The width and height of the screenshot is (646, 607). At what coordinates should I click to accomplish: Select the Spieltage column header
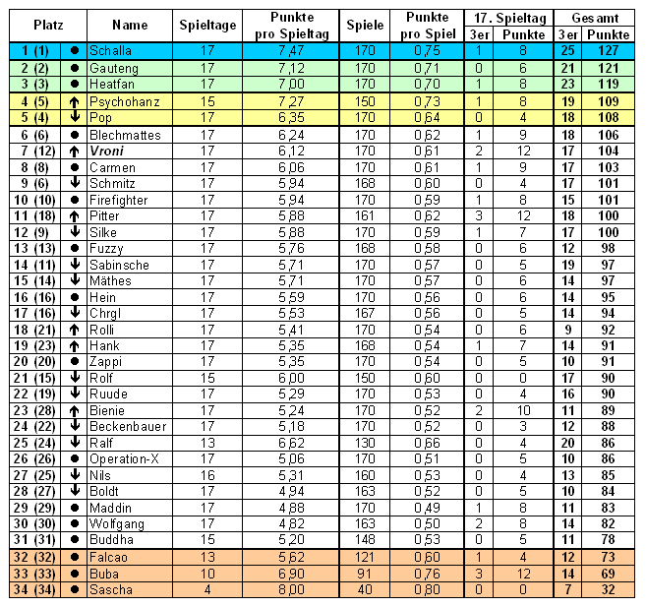click(x=207, y=25)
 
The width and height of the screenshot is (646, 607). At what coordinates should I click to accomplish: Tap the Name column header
click(x=130, y=25)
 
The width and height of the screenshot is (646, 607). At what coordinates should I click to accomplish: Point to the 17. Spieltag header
click(x=499, y=17)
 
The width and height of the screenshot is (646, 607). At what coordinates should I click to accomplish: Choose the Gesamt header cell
click(x=594, y=17)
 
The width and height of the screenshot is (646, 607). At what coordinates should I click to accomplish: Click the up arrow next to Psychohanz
click(x=75, y=101)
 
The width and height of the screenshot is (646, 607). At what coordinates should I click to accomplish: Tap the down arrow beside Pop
click(x=75, y=118)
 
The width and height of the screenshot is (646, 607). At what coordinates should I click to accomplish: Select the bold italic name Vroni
click(x=106, y=151)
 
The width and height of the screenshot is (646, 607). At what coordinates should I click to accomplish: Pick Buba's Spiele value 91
click(x=365, y=573)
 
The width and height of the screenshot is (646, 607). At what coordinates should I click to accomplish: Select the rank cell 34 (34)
click(x=32, y=589)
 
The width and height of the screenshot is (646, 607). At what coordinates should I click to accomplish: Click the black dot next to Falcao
click(x=75, y=557)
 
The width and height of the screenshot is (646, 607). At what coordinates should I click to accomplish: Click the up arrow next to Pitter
click(x=75, y=215)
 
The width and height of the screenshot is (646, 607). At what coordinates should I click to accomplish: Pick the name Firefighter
click(x=118, y=199)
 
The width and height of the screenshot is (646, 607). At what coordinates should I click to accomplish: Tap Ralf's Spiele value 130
click(x=365, y=443)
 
